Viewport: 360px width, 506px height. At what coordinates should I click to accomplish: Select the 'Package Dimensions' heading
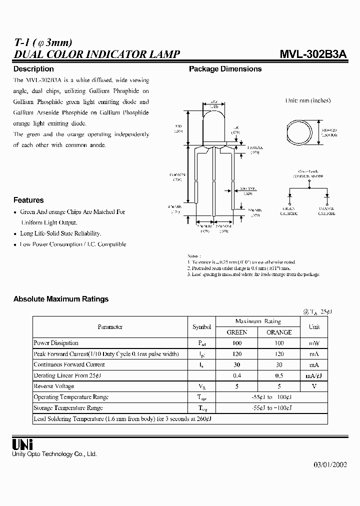point(225,69)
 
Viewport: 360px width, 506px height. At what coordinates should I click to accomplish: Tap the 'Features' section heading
point(28,200)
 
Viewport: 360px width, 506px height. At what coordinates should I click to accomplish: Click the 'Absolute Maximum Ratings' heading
point(61,299)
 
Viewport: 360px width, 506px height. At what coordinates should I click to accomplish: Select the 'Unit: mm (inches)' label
point(307,100)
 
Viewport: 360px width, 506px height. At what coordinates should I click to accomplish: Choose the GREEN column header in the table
point(237,332)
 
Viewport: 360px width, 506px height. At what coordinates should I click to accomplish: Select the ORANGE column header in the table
point(279,332)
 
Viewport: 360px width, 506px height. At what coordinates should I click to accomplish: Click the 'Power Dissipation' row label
point(56,343)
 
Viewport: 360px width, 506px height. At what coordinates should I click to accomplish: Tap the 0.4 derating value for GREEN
point(237,375)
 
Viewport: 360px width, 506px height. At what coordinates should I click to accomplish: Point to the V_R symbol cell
point(201,386)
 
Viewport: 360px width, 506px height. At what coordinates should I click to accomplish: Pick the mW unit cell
point(314,343)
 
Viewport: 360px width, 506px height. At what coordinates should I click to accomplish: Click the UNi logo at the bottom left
point(22,444)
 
